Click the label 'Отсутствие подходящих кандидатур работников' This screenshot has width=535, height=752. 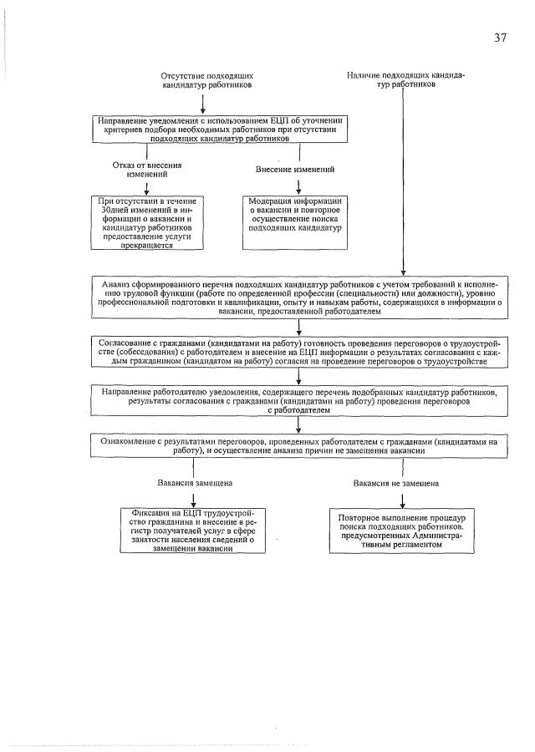point(207,80)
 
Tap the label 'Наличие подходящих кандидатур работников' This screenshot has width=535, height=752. point(405,79)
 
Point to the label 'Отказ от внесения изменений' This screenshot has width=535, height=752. point(146,170)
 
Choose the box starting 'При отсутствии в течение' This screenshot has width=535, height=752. point(146,223)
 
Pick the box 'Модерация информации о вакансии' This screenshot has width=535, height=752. point(296,222)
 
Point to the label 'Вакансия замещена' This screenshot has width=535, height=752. point(195,483)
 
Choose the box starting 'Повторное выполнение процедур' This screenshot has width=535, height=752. point(402,531)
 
